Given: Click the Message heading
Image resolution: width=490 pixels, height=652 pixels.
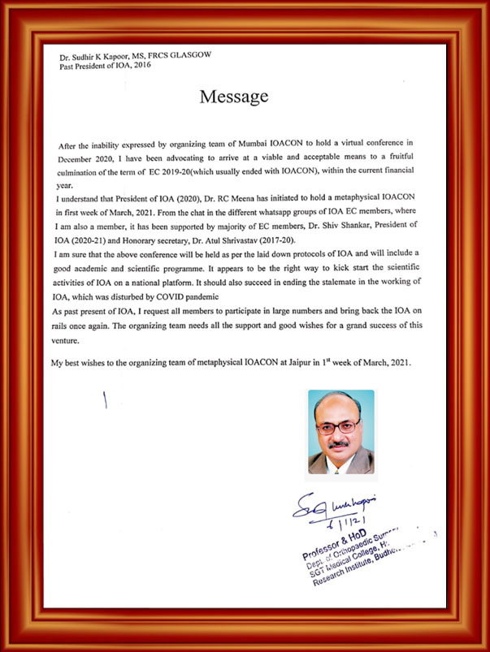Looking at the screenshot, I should pyautogui.click(x=234, y=97).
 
